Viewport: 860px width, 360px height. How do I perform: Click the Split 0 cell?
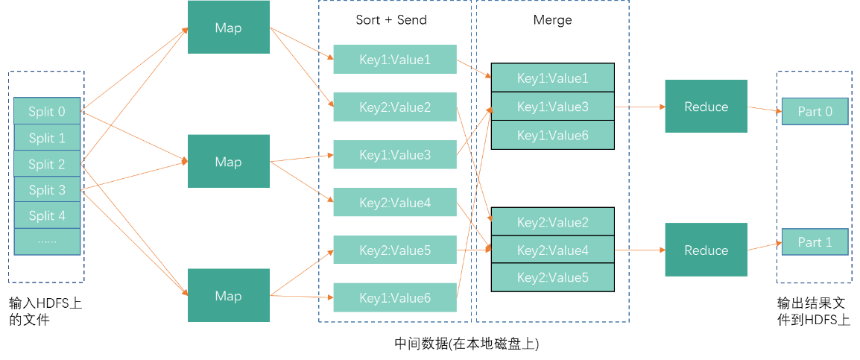pyautogui.click(x=47, y=112)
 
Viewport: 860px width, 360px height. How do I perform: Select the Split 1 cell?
pyautogui.click(x=47, y=138)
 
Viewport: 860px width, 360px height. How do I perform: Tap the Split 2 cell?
pyautogui.click(x=47, y=164)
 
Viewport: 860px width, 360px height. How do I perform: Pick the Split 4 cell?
pyautogui.click(x=47, y=215)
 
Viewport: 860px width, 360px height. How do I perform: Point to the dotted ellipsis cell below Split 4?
pyautogui.click(x=47, y=241)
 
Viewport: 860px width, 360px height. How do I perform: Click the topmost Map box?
pyautogui.click(x=228, y=28)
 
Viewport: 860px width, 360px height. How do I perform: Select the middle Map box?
pyautogui.click(x=228, y=161)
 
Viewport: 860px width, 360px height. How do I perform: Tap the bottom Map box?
pyautogui.click(x=228, y=295)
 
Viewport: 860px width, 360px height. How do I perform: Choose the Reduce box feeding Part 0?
pyautogui.click(x=706, y=107)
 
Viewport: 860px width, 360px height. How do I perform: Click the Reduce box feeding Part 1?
pyautogui.click(x=706, y=250)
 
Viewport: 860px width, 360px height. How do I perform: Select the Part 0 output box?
pyautogui.click(x=815, y=111)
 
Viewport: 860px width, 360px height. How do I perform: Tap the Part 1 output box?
pyautogui.click(x=815, y=242)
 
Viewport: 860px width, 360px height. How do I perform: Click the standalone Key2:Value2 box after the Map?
pyautogui.click(x=394, y=107)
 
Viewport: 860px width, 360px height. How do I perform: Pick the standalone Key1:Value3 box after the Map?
pyautogui.click(x=394, y=154)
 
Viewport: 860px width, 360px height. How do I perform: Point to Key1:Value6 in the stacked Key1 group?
pyautogui.click(x=552, y=135)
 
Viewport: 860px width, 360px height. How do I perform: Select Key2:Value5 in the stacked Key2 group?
pyautogui.click(x=552, y=277)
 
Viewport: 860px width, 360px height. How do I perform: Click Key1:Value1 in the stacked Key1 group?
pyautogui.click(x=552, y=78)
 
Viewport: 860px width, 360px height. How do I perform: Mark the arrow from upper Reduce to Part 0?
pyautogui.click(x=765, y=109)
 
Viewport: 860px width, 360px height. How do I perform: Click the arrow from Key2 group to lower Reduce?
pyautogui.click(x=639, y=250)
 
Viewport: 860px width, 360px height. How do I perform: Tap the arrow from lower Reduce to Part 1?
pyautogui.click(x=765, y=247)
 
